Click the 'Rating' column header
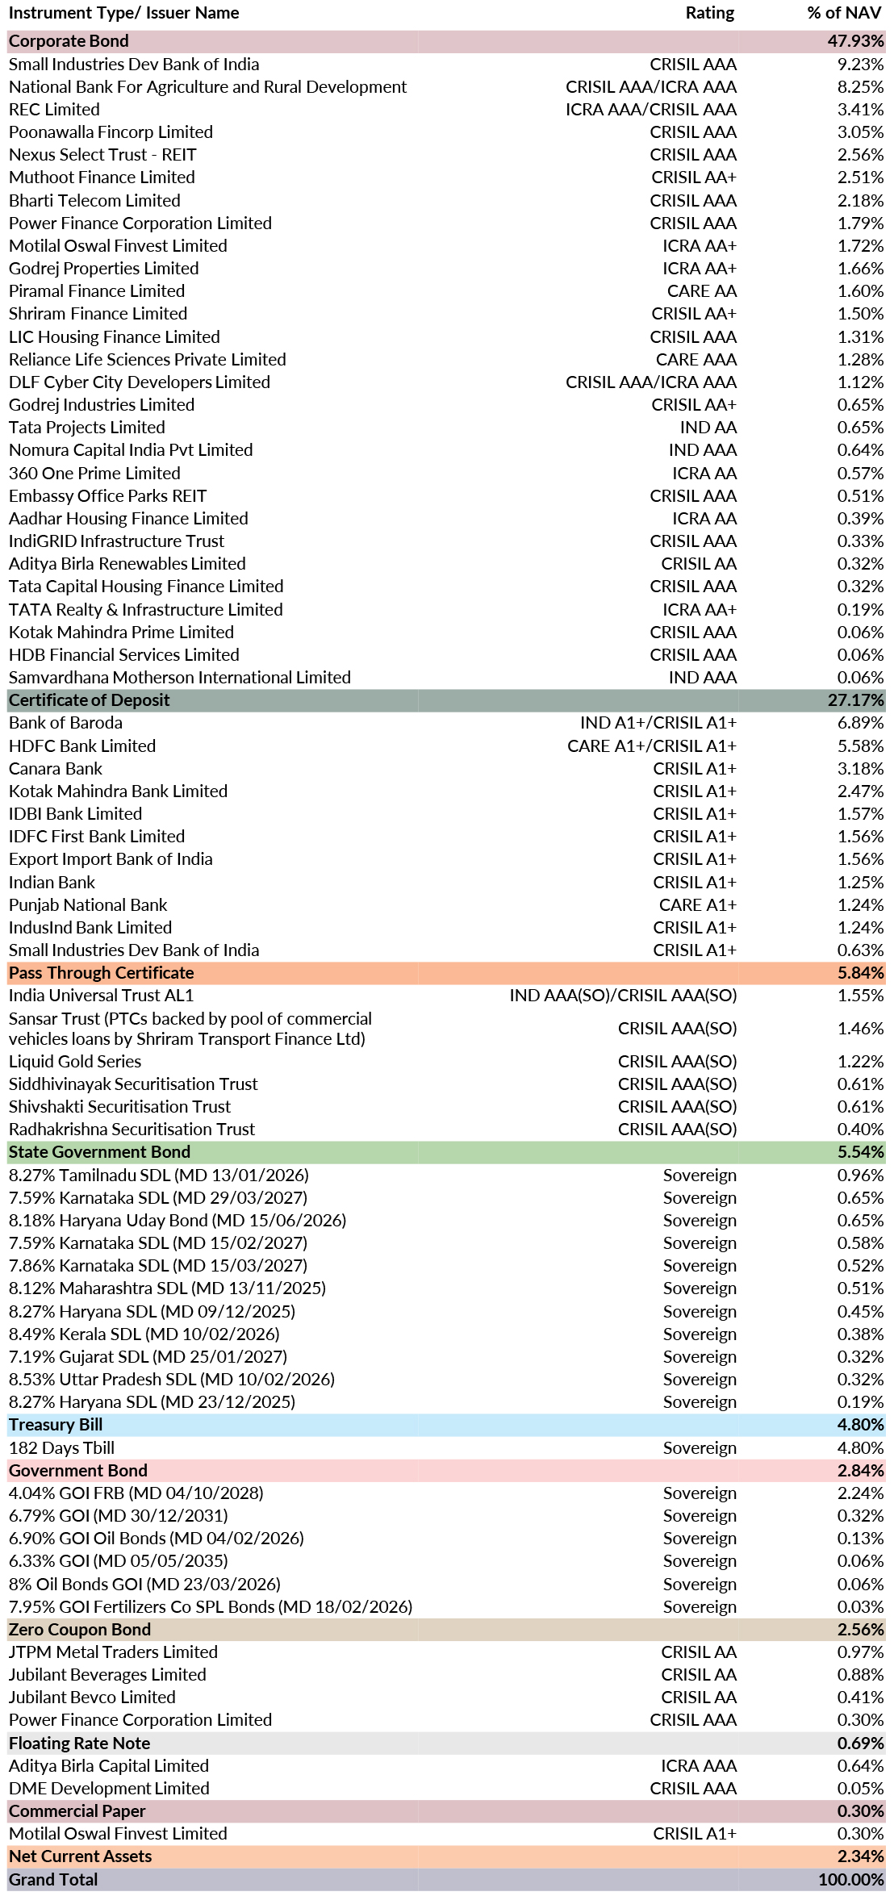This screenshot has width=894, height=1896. click(709, 13)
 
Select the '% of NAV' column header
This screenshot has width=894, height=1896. click(845, 13)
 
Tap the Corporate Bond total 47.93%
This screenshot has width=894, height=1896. click(855, 41)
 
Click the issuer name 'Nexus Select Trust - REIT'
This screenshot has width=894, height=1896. click(102, 155)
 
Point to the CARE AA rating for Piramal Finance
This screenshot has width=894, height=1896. click(701, 291)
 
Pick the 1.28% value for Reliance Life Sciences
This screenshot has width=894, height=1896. click(860, 360)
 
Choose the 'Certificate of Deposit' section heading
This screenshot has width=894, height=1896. click(90, 700)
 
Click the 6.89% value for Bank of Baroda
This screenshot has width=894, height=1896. click(860, 723)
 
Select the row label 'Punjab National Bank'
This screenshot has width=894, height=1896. click(88, 905)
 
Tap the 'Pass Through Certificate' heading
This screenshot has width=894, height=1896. click(102, 973)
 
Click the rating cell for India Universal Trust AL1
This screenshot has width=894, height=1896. click(623, 996)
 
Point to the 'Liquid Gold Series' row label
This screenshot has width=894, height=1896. click(75, 1062)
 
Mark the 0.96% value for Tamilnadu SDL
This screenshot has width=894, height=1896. click(860, 1176)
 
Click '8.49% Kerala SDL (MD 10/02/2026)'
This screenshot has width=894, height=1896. click(144, 1334)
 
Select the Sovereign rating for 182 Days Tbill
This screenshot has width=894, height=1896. click(700, 1448)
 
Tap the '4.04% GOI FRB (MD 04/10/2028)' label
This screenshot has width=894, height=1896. click(136, 1493)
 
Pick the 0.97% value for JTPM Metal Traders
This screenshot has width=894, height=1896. click(860, 1652)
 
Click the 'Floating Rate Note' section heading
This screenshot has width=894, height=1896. click(79, 1743)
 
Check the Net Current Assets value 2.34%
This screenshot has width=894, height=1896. click(860, 1856)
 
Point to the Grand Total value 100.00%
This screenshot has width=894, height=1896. click(850, 1879)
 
